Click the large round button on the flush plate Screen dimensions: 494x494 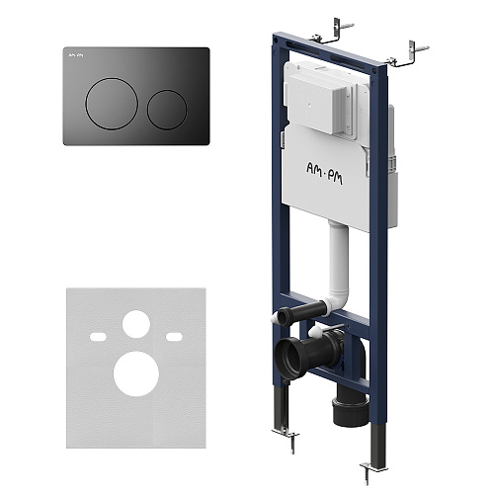click(x=112, y=104)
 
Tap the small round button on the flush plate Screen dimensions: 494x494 click(x=167, y=110)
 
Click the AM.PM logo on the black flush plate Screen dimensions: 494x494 click(x=76, y=55)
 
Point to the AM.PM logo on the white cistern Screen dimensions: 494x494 click(x=324, y=173)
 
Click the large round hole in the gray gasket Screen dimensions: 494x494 click(x=136, y=373)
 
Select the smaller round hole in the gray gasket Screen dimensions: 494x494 click(x=136, y=324)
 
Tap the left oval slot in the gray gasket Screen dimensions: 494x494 click(x=98, y=337)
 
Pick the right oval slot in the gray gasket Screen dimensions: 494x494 click(x=174, y=337)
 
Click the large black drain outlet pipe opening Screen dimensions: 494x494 click(x=289, y=359)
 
